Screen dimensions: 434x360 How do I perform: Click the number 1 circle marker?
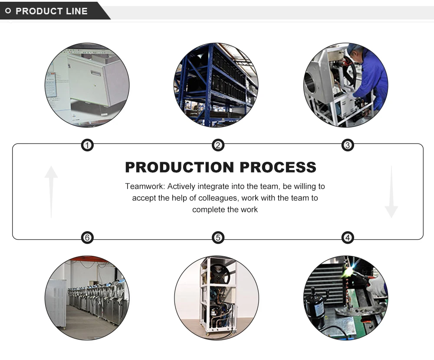[88, 145]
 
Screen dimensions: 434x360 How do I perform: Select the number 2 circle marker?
[218, 145]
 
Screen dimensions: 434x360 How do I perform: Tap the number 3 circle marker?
[347, 145]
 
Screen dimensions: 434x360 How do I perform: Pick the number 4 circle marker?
[347, 238]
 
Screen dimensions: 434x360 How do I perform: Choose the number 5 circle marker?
[218, 238]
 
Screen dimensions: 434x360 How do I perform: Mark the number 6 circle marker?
[88, 238]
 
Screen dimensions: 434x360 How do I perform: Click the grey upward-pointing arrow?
[51, 191]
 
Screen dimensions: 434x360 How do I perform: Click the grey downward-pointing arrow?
[391, 191]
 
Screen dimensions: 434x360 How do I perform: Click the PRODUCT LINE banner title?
[52, 11]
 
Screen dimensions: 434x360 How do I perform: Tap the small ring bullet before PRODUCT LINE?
[8, 11]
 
